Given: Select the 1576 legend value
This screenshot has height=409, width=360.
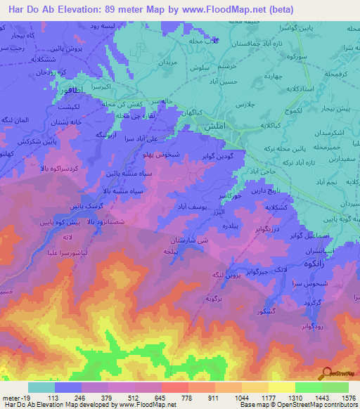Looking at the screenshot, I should click(x=337, y=396).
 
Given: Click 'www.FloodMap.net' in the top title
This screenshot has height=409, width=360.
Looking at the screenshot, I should click(x=233, y=9).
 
